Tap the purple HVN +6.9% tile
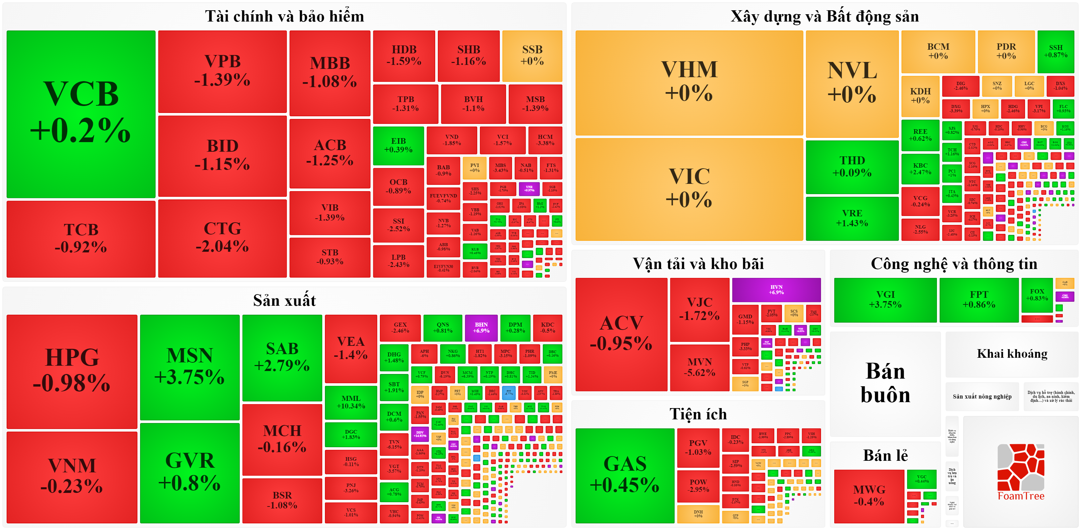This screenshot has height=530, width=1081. tap(776, 290)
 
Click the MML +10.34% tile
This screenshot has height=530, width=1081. tap(350, 402)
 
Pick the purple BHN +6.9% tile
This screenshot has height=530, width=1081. tap(481, 327)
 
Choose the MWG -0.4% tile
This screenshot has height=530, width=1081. tap(869, 496)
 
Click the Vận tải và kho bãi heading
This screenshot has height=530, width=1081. tap(698, 264)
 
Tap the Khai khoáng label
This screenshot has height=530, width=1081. tap(1012, 354)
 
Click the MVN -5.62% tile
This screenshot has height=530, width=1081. tap(699, 367)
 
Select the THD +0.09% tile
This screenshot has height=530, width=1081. tap(851, 167)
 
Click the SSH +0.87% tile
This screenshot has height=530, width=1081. tap(1055, 51)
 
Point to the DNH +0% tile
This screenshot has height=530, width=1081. tap(698, 514)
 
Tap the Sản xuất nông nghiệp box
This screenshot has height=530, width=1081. tap(982, 397)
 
